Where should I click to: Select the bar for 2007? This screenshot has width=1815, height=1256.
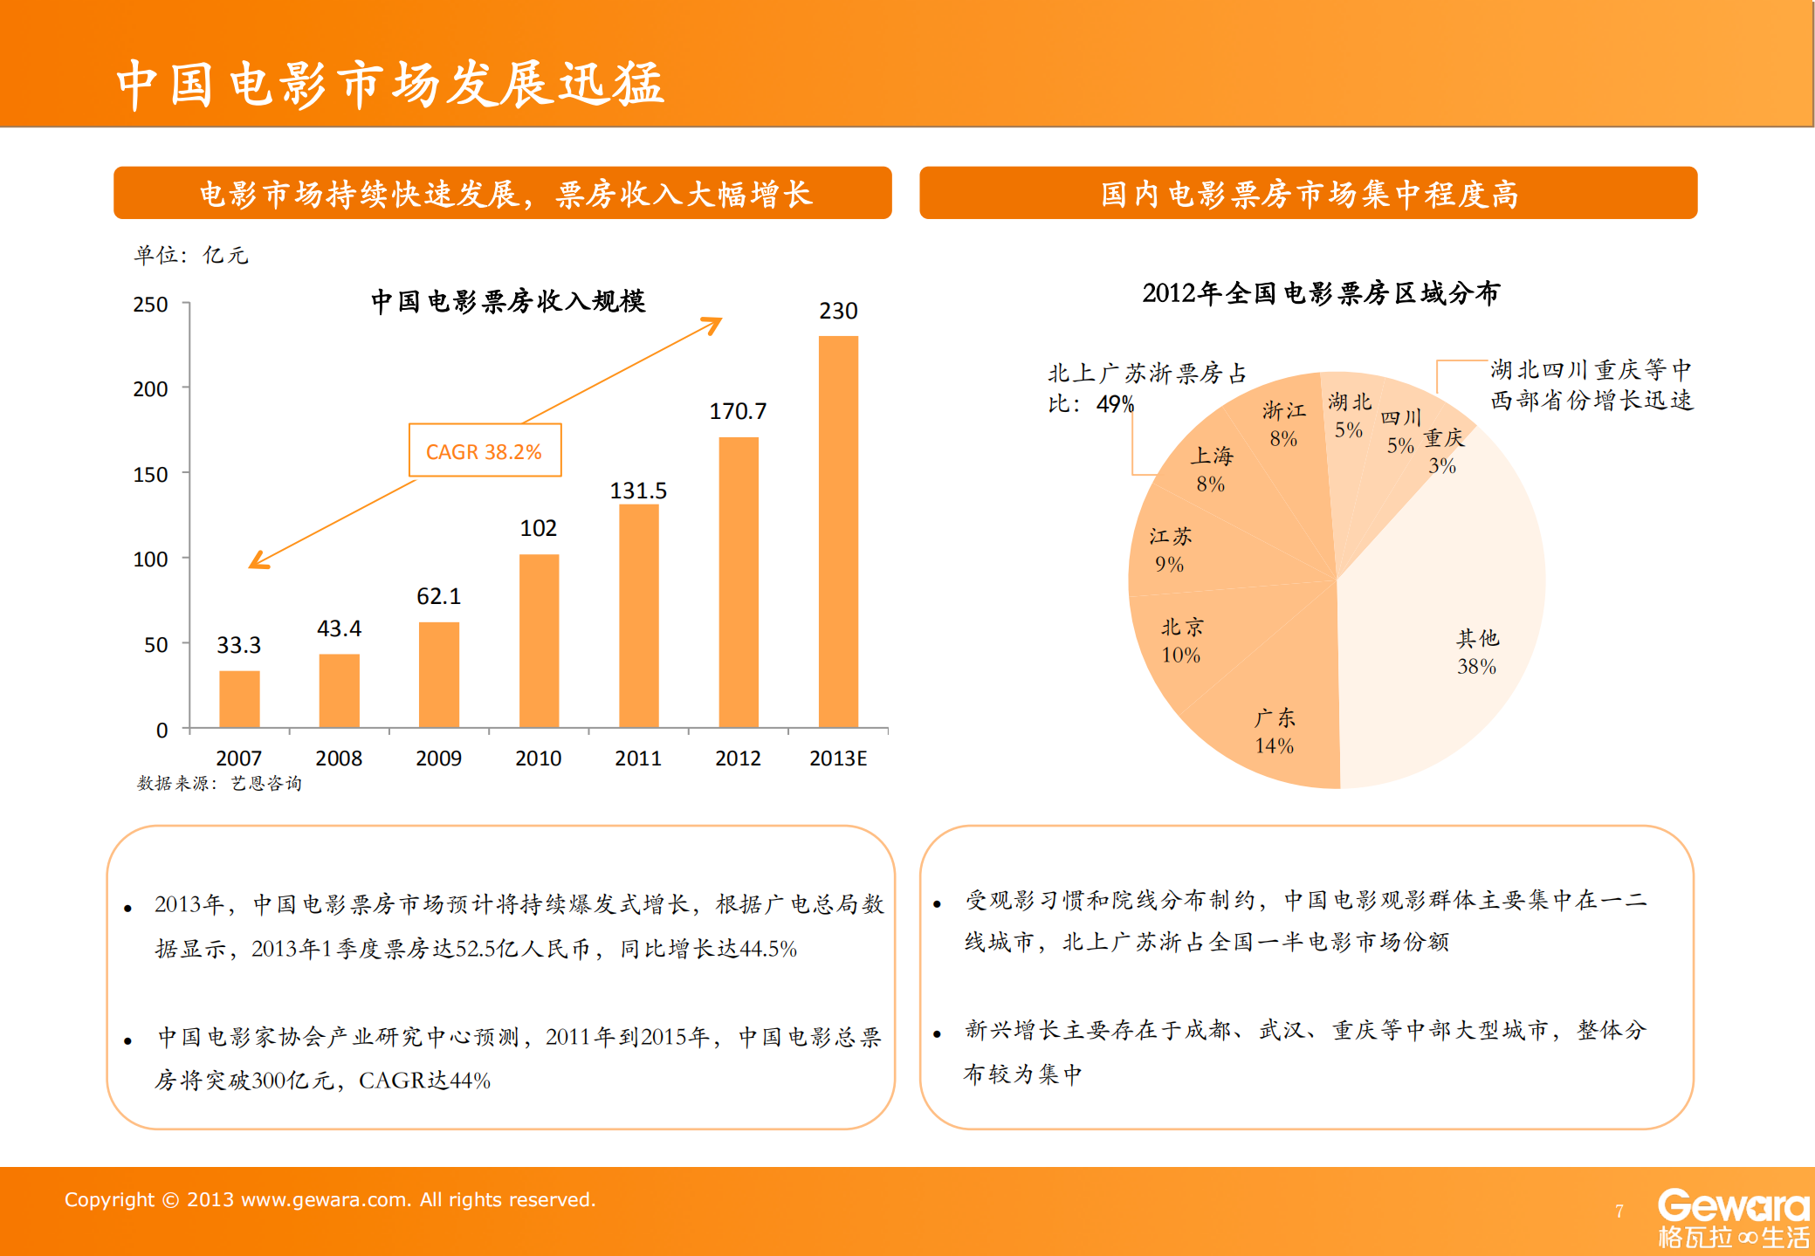239,698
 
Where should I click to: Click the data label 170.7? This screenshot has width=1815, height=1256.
738,411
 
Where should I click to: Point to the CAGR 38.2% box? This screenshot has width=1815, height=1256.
485,451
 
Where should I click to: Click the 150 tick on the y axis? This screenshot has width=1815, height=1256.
150,475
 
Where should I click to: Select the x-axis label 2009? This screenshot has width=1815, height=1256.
438,758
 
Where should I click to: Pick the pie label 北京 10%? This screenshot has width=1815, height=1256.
1181,641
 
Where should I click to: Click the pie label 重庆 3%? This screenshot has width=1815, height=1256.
1443,451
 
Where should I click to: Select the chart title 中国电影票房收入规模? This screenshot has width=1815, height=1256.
507,301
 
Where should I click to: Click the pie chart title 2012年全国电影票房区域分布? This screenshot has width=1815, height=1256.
1320,293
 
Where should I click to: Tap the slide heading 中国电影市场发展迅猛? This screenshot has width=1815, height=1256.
390,85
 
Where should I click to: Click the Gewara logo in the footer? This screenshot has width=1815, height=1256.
1733,1218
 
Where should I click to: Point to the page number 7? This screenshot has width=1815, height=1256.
1619,1211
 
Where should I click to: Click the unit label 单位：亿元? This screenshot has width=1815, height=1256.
191,255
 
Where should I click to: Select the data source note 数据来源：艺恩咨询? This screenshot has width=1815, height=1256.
219,783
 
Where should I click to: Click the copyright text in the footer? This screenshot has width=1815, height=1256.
330,1199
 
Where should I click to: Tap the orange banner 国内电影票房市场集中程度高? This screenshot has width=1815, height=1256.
1308,193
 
